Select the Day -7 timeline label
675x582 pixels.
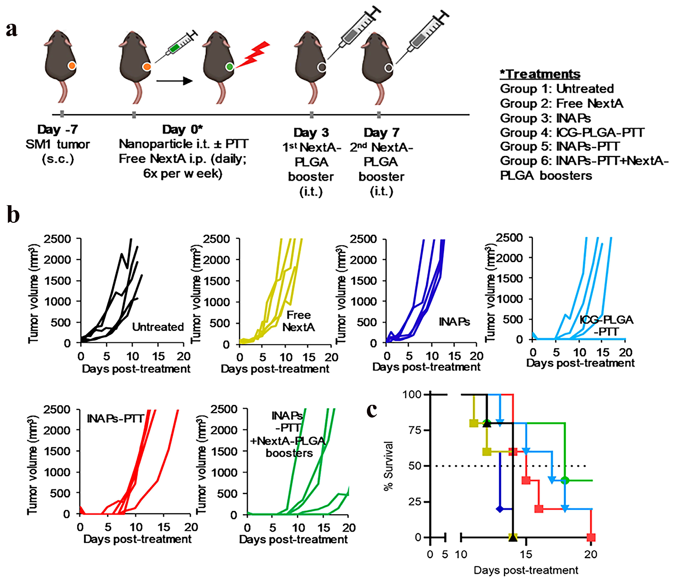58,130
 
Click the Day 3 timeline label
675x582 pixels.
311,133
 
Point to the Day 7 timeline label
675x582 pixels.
381,133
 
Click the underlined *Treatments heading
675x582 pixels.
540,74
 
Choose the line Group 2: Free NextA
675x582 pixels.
561,103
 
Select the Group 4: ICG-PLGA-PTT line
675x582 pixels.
572,133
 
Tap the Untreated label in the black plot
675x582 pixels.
158,327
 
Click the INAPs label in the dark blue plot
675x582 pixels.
454,322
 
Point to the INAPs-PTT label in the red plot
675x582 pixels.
115,419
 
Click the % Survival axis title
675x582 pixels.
388,466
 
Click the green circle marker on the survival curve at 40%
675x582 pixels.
565,480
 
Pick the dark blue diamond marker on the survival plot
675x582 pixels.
500,509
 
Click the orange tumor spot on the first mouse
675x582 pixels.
72,65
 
